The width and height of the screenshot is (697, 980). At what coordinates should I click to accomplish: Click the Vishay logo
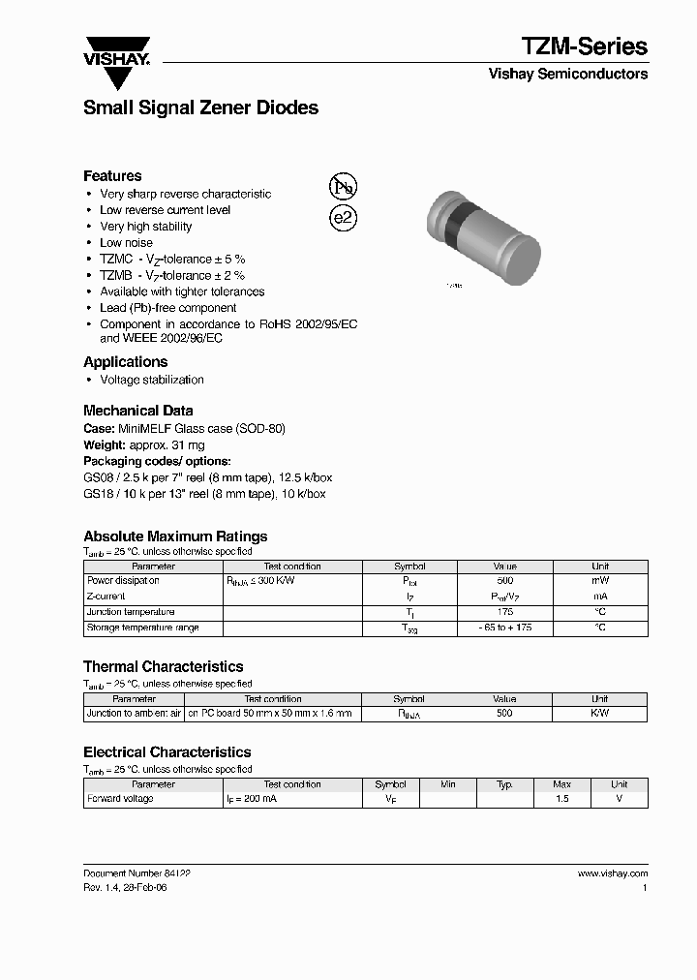(117, 61)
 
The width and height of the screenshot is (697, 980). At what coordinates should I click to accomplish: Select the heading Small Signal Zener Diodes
(200, 108)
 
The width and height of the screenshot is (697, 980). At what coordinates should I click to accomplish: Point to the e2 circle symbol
(344, 218)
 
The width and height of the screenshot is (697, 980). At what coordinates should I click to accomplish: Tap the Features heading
(112, 176)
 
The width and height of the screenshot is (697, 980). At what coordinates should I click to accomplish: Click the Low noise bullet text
(126, 243)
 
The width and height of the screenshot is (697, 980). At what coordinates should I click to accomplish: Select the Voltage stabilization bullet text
(152, 380)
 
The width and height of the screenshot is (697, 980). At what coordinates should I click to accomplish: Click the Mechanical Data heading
(137, 411)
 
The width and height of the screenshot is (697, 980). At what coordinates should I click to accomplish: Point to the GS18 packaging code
(95, 494)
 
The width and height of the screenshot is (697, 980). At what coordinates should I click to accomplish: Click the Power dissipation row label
(123, 581)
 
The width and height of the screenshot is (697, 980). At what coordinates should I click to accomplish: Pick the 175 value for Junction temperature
(504, 612)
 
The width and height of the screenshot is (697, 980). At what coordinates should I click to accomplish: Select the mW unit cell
(600, 581)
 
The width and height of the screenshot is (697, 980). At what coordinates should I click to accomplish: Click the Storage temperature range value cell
(504, 628)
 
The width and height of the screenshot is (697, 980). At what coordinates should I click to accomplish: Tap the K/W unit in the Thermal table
(599, 714)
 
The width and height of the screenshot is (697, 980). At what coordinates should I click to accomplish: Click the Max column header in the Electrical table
(561, 784)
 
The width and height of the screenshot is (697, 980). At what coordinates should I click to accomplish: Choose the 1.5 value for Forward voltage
(561, 799)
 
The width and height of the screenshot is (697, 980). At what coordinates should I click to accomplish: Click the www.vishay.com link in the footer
(613, 873)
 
